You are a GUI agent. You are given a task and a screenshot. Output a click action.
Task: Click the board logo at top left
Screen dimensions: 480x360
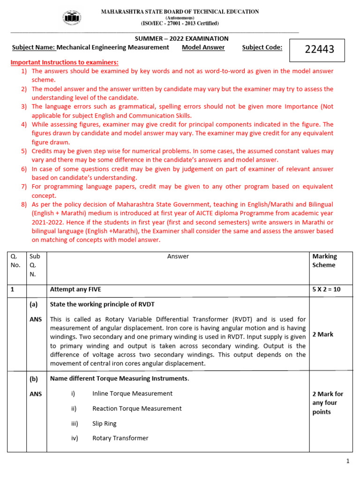point(72,17)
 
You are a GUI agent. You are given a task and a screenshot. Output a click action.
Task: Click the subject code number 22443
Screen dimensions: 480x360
point(320,49)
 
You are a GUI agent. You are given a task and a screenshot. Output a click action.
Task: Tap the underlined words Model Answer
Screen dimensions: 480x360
point(203,47)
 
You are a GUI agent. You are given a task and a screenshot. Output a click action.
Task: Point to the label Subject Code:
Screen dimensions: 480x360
point(262,47)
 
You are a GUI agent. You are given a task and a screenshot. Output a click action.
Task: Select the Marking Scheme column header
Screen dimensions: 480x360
point(324,261)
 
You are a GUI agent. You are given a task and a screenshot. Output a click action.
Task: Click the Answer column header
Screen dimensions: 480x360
point(178,256)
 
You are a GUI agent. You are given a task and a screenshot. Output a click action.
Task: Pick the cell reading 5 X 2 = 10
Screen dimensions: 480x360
point(326,290)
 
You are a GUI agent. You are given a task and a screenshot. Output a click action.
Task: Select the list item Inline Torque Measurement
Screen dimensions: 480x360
point(132,393)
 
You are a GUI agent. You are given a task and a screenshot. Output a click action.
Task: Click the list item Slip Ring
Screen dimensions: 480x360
point(105,423)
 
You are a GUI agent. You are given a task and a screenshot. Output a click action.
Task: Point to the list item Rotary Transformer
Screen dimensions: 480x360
point(120,438)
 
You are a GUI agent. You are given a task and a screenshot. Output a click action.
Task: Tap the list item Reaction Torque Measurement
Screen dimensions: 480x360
point(137,408)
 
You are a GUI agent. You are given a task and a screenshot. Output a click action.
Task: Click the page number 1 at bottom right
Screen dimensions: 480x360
point(348,462)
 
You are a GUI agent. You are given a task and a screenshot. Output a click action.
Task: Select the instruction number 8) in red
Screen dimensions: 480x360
point(24,204)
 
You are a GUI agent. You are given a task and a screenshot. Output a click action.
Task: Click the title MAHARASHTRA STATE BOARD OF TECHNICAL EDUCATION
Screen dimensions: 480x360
point(180,12)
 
